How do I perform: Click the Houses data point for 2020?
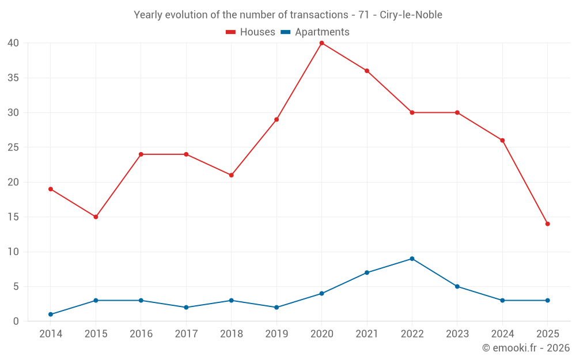point(321,43)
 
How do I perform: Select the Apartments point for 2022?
point(412,259)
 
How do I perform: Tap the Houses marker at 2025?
point(547,224)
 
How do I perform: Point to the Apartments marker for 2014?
point(51,314)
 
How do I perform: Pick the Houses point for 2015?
point(96,217)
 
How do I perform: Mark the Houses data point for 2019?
point(276,120)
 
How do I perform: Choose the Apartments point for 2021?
point(367,272)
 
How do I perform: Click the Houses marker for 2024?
point(502,141)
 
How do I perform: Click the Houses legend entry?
point(251,32)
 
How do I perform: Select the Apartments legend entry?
point(315,32)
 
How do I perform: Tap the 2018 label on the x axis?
point(231,334)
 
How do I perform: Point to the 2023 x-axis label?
point(457,334)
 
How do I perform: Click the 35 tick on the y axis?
point(13,78)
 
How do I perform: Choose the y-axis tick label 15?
point(13,217)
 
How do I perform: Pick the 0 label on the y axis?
point(16,321)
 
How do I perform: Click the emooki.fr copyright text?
point(525,348)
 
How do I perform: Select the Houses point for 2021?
point(367,71)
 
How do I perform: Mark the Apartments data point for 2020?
point(321,294)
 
